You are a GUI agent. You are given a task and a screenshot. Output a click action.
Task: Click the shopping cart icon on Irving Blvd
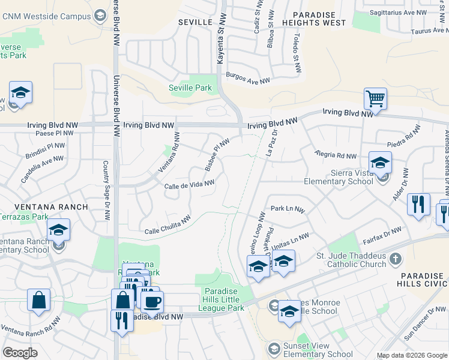tap(375, 98)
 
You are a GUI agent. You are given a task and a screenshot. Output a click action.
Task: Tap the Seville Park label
tap(190, 88)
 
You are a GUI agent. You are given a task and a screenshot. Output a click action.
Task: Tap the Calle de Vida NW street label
tap(189, 186)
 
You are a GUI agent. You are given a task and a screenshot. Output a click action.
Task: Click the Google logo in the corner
tap(20, 352)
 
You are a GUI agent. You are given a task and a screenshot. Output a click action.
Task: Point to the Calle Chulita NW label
tap(167, 225)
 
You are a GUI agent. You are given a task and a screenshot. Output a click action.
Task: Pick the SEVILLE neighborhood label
tap(196, 22)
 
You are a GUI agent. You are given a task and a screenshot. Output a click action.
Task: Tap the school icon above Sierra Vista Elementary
tap(380, 162)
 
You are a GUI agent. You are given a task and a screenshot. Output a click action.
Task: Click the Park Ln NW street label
tap(288, 209)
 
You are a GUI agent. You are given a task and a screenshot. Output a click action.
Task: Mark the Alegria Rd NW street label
tap(336, 155)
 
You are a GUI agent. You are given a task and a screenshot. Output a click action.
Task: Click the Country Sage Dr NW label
tap(106, 190)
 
